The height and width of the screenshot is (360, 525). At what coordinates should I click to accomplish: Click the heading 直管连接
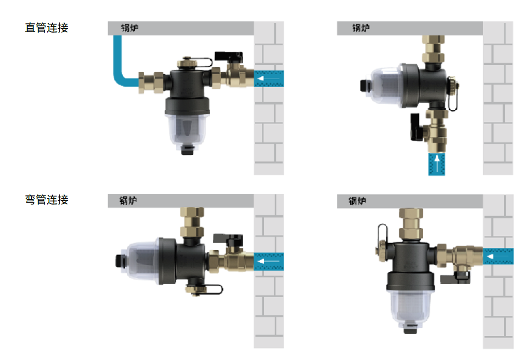(46, 27)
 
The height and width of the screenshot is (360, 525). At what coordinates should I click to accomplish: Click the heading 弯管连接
(46, 200)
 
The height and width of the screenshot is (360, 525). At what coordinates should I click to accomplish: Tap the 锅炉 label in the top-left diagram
(129, 28)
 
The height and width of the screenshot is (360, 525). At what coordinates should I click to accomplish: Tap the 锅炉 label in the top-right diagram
(361, 28)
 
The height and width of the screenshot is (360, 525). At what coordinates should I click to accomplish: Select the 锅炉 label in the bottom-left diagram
(128, 201)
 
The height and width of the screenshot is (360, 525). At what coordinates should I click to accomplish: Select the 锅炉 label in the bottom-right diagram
(357, 201)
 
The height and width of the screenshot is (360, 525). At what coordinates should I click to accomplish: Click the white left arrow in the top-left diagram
(268, 79)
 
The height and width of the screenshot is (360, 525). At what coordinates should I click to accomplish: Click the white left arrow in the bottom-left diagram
(268, 261)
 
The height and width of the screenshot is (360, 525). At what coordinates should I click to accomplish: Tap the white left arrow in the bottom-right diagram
(499, 256)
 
